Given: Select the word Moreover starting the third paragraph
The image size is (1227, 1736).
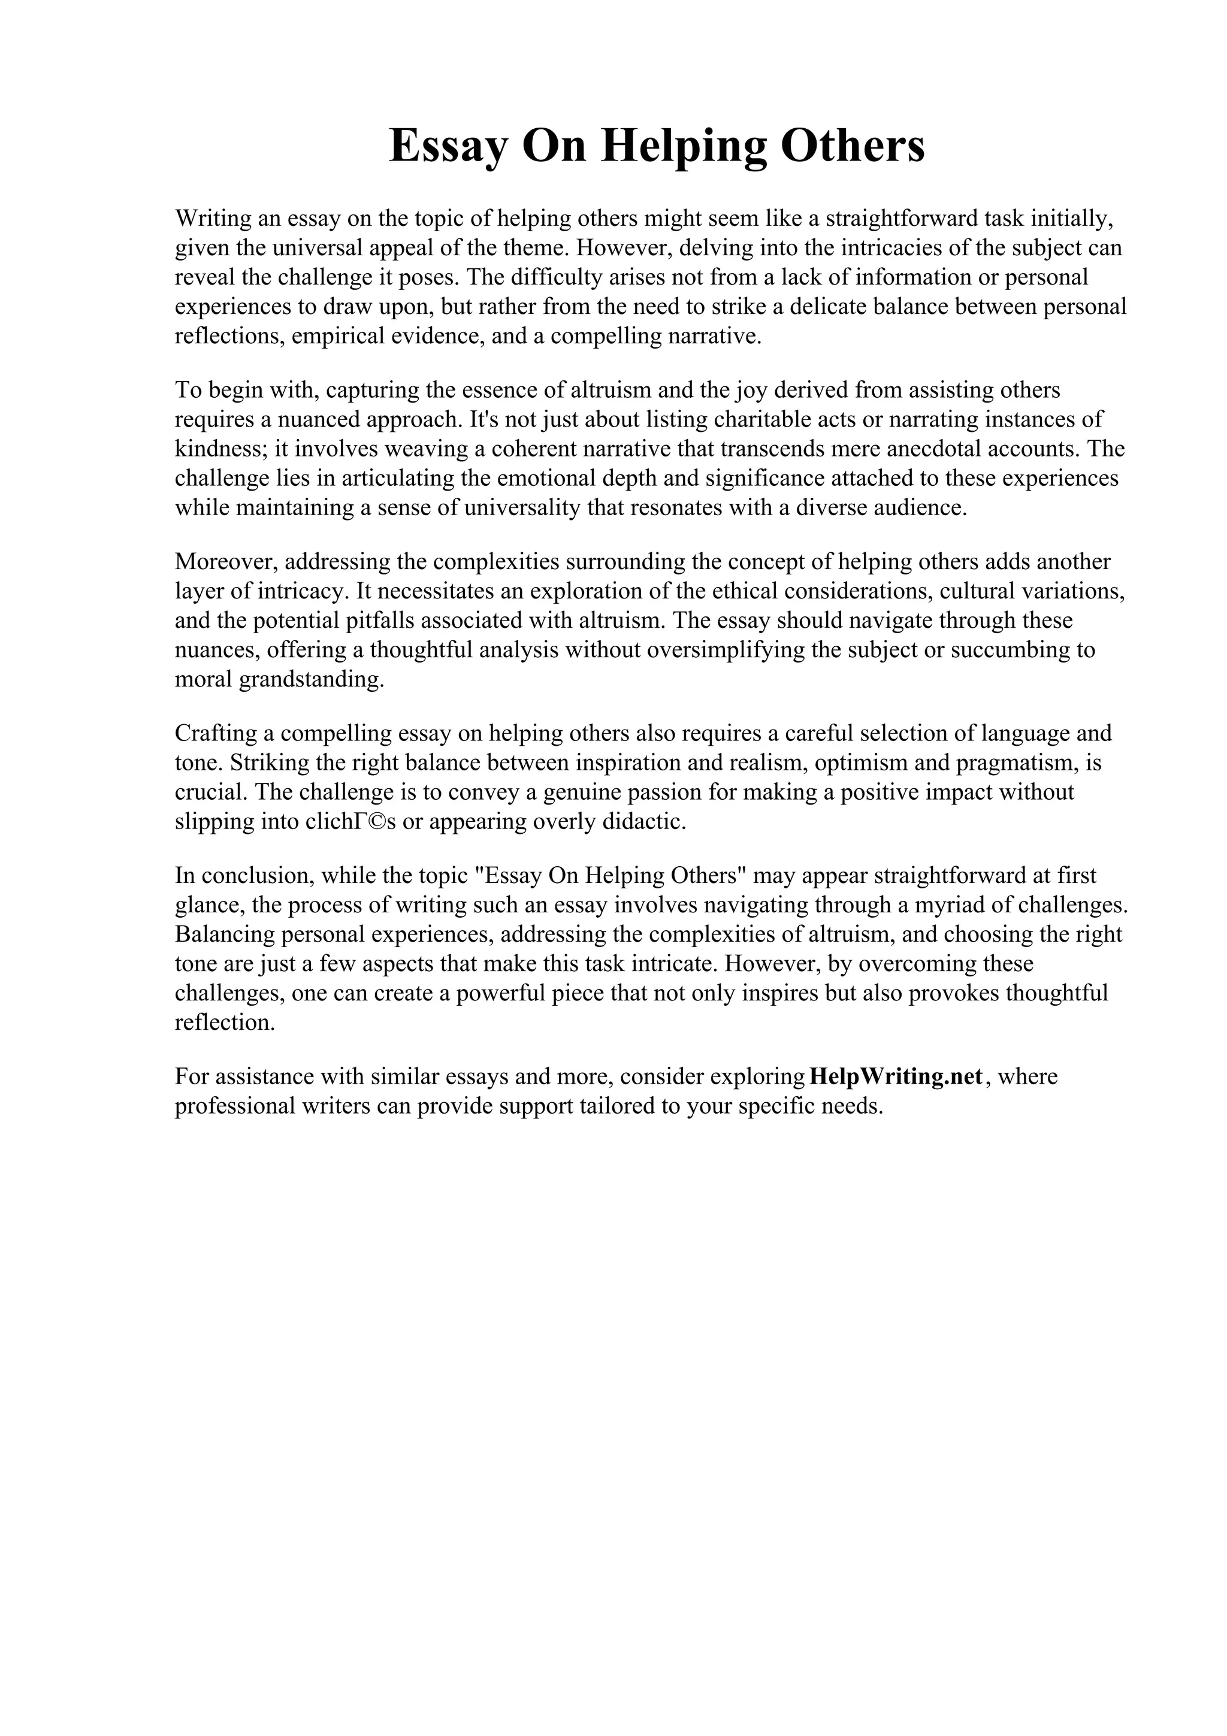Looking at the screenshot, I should tap(227, 562).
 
